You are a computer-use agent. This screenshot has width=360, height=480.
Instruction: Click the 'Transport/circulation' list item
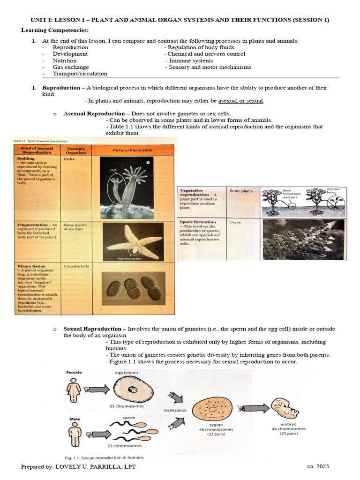click(x=80, y=74)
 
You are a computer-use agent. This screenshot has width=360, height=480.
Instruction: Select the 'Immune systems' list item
click(x=191, y=60)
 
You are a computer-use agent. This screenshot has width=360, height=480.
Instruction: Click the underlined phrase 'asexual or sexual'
click(x=240, y=101)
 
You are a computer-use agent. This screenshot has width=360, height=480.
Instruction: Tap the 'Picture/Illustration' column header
click(x=133, y=150)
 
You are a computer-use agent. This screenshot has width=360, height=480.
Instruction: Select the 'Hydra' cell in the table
click(x=69, y=159)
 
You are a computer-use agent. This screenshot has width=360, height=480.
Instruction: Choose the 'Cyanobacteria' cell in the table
click(x=76, y=266)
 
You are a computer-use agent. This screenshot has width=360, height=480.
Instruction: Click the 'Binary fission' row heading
click(x=30, y=266)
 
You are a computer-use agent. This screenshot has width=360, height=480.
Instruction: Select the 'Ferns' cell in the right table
click(x=235, y=222)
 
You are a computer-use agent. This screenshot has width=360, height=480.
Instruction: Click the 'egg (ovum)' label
click(x=128, y=372)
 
